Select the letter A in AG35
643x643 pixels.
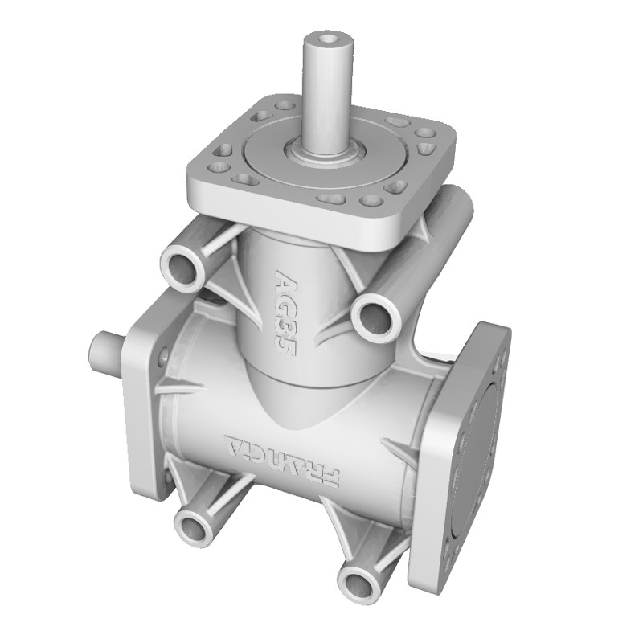click(x=288, y=281)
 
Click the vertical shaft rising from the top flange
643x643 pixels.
click(x=328, y=88)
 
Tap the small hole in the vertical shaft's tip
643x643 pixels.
click(x=328, y=38)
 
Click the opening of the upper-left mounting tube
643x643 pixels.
click(x=183, y=266)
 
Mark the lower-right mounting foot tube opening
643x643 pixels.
click(x=357, y=580)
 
